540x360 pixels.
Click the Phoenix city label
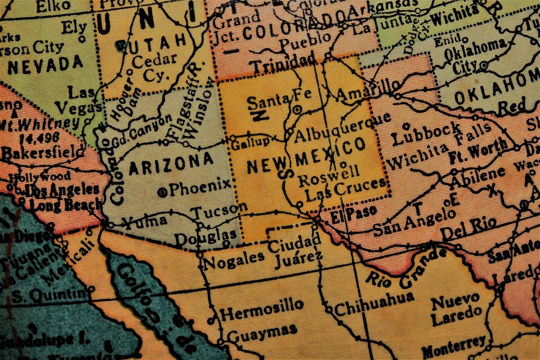tap(200, 188)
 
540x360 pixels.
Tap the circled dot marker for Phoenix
tap(163, 192)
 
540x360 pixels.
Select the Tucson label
tap(220, 210)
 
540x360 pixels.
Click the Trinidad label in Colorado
tap(283, 65)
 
